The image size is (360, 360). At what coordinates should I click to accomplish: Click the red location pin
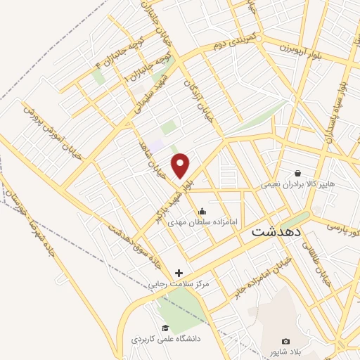(181, 165)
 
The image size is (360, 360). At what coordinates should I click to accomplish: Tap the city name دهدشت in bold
(276, 231)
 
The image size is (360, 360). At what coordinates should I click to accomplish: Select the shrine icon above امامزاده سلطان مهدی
(202, 210)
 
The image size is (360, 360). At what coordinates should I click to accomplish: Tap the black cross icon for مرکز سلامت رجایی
(179, 272)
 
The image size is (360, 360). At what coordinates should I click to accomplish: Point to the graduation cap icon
(165, 328)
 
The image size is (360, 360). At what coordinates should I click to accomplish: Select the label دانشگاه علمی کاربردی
(167, 339)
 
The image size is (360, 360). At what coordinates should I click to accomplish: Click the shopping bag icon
(298, 173)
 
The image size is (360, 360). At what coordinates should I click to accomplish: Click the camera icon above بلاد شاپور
(285, 341)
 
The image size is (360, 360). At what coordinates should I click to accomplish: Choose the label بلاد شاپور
(285, 352)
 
